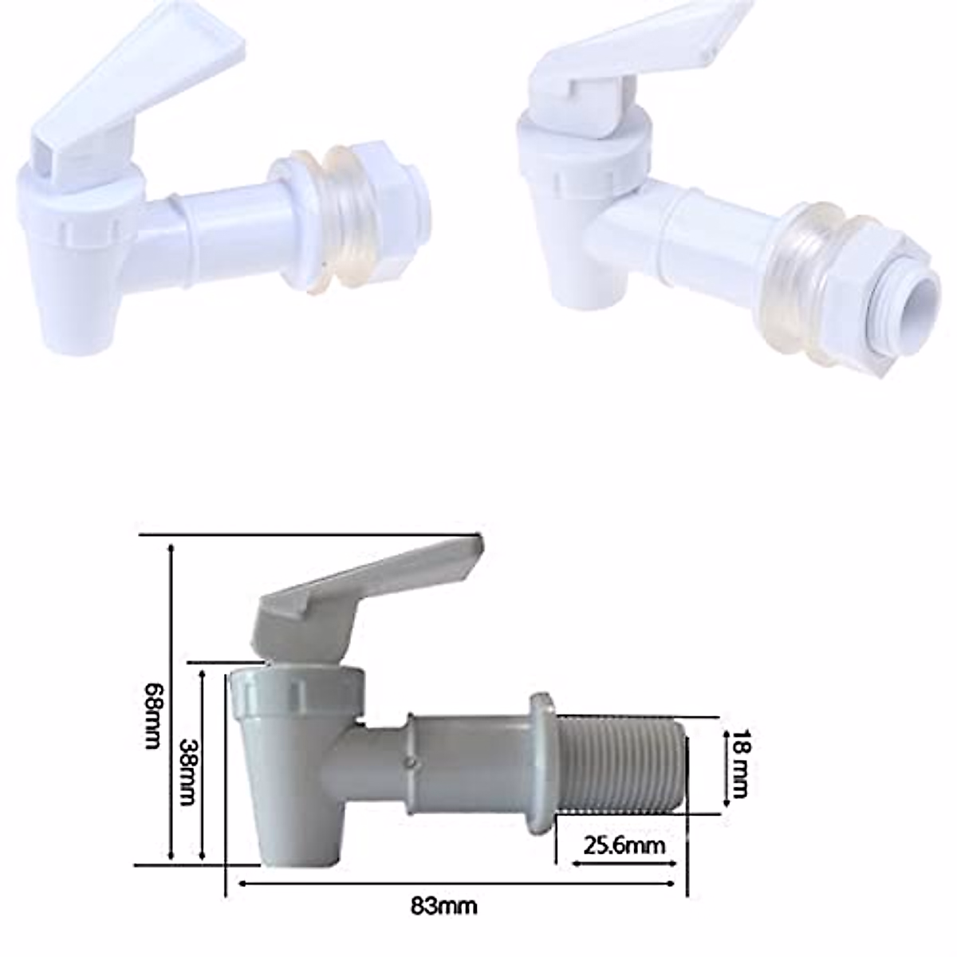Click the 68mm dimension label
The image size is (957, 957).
click(152, 715)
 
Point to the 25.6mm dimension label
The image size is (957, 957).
click(624, 845)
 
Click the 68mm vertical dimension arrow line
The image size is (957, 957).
click(171, 702)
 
